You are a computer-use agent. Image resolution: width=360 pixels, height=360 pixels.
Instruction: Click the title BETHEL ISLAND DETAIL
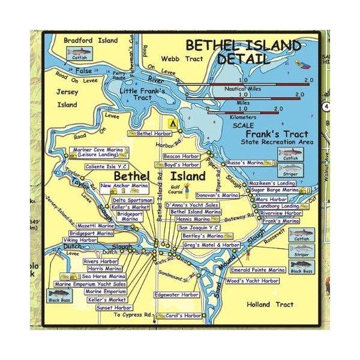click(x=243, y=52)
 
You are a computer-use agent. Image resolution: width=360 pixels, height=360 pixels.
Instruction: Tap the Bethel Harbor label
click(x=154, y=133)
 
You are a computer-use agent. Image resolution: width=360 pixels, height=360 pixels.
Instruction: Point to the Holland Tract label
click(x=270, y=304)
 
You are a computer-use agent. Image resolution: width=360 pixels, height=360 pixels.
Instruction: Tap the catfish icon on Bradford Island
click(x=77, y=55)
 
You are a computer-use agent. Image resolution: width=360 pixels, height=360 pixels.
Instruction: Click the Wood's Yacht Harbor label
click(x=253, y=280)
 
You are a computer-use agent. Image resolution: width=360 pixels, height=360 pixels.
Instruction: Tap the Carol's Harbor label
click(x=184, y=316)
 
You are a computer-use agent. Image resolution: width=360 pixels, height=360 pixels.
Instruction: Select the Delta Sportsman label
click(x=133, y=200)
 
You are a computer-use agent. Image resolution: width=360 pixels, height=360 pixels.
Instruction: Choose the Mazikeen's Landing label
click(x=272, y=182)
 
